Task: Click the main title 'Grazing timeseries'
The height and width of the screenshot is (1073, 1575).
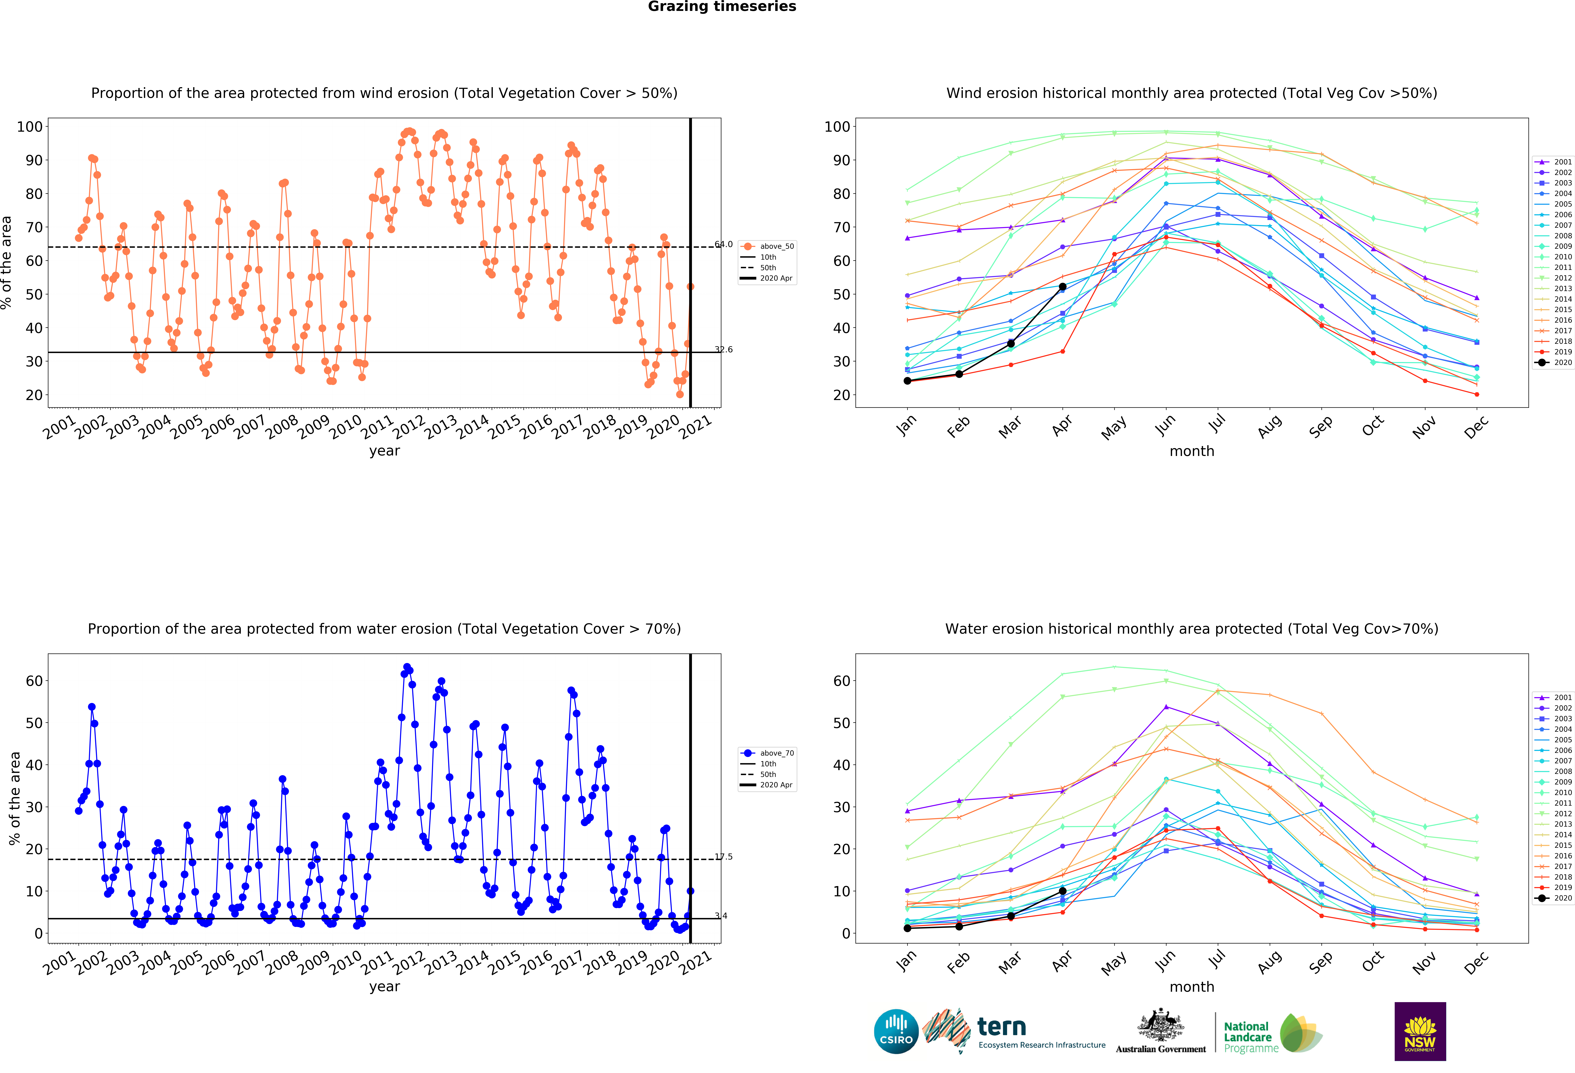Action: tap(722, 7)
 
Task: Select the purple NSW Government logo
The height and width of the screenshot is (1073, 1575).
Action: tap(1420, 1031)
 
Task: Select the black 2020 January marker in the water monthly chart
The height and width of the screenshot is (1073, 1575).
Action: tap(907, 928)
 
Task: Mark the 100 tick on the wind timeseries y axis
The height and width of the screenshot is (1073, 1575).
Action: tap(30, 127)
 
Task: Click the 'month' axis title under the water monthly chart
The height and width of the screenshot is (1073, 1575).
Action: tap(1191, 987)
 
